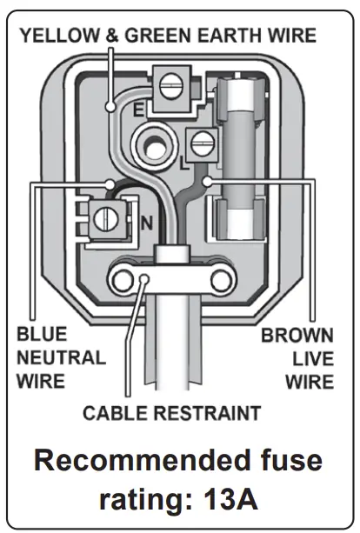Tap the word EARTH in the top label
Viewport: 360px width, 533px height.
point(220,36)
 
